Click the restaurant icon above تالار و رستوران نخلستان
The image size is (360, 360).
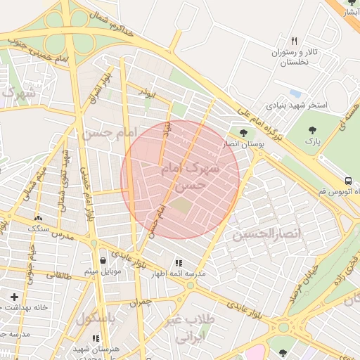coord(295,41)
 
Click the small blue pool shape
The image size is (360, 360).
coord(295,93)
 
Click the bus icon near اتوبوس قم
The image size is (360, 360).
coord(349,180)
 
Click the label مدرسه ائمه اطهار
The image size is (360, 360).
coord(181,274)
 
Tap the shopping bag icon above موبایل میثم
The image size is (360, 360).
coord(103,259)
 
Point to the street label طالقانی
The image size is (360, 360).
coord(58,276)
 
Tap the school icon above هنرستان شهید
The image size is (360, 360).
coord(96,338)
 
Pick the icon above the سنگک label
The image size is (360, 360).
coord(37,218)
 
